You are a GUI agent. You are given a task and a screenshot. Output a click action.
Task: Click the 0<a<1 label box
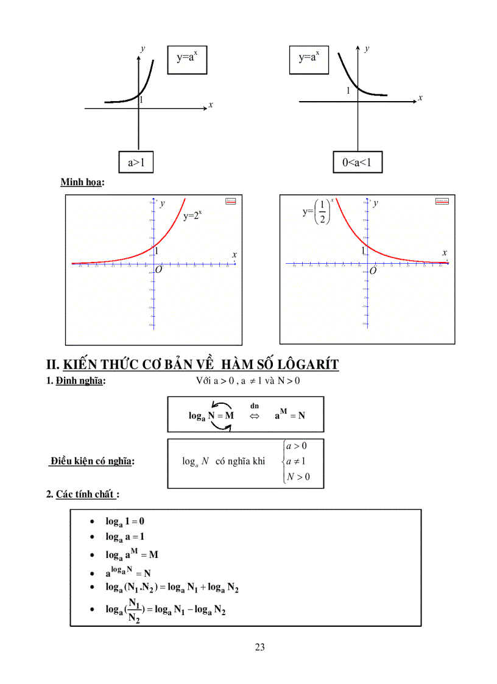358,162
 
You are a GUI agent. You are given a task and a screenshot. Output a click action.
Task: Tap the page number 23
260,647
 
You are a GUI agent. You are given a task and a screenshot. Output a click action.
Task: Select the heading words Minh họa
82,182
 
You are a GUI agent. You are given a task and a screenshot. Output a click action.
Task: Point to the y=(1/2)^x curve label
317,213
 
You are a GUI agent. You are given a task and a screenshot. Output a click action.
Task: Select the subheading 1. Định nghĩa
76,382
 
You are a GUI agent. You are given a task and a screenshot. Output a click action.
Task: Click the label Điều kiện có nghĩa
92,461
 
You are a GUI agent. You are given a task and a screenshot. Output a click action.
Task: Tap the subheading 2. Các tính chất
82,494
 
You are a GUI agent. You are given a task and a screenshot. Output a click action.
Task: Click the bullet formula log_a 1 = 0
125,521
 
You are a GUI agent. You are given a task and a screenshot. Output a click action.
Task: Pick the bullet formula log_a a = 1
125,537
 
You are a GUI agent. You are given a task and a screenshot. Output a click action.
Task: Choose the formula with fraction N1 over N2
165,610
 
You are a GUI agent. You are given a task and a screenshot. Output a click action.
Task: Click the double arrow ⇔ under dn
254,415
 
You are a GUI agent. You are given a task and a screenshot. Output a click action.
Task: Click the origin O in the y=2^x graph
158,269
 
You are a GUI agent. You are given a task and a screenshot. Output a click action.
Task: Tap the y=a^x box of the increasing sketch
192,58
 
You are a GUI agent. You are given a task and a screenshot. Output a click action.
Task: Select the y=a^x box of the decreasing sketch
309,58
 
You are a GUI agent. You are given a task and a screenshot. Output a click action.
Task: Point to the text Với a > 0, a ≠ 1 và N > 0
248,381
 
